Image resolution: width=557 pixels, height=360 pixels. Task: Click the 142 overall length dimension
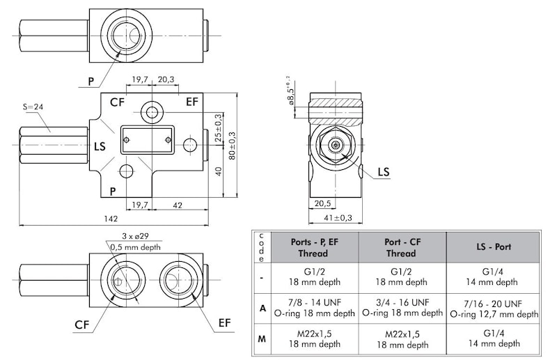[111, 219]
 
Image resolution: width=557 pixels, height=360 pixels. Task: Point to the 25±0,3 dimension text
[218, 127]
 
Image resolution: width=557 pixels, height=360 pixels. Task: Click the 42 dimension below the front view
[177, 204]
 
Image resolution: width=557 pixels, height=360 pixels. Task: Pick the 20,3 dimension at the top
[165, 80]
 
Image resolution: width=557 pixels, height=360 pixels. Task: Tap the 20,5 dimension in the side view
[321, 204]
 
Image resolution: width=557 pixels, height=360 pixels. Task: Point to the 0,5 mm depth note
[136, 246]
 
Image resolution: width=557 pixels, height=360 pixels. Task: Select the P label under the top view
[91, 81]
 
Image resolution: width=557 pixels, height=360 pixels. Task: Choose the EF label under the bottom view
[224, 322]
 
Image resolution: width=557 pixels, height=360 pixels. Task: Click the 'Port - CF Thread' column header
[401, 247]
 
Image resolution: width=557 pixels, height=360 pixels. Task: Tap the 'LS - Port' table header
[494, 247]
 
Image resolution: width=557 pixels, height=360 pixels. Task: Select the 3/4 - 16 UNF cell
[401, 304]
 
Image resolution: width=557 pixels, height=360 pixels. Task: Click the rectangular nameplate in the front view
[146, 140]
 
